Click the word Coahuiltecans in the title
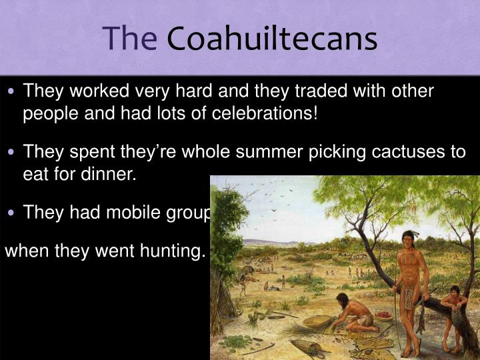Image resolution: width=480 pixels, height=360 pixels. (x=272, y=39)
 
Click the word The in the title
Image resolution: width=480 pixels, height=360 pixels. (x=130, y=39)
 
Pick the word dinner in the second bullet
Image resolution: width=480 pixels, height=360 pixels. (x=109, y=175)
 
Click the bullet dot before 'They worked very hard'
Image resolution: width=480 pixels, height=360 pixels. (x=15, y=91)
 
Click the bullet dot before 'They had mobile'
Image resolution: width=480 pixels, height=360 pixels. (x=15, y=213)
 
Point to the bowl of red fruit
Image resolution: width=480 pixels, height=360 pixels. (x=384, y=316)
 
